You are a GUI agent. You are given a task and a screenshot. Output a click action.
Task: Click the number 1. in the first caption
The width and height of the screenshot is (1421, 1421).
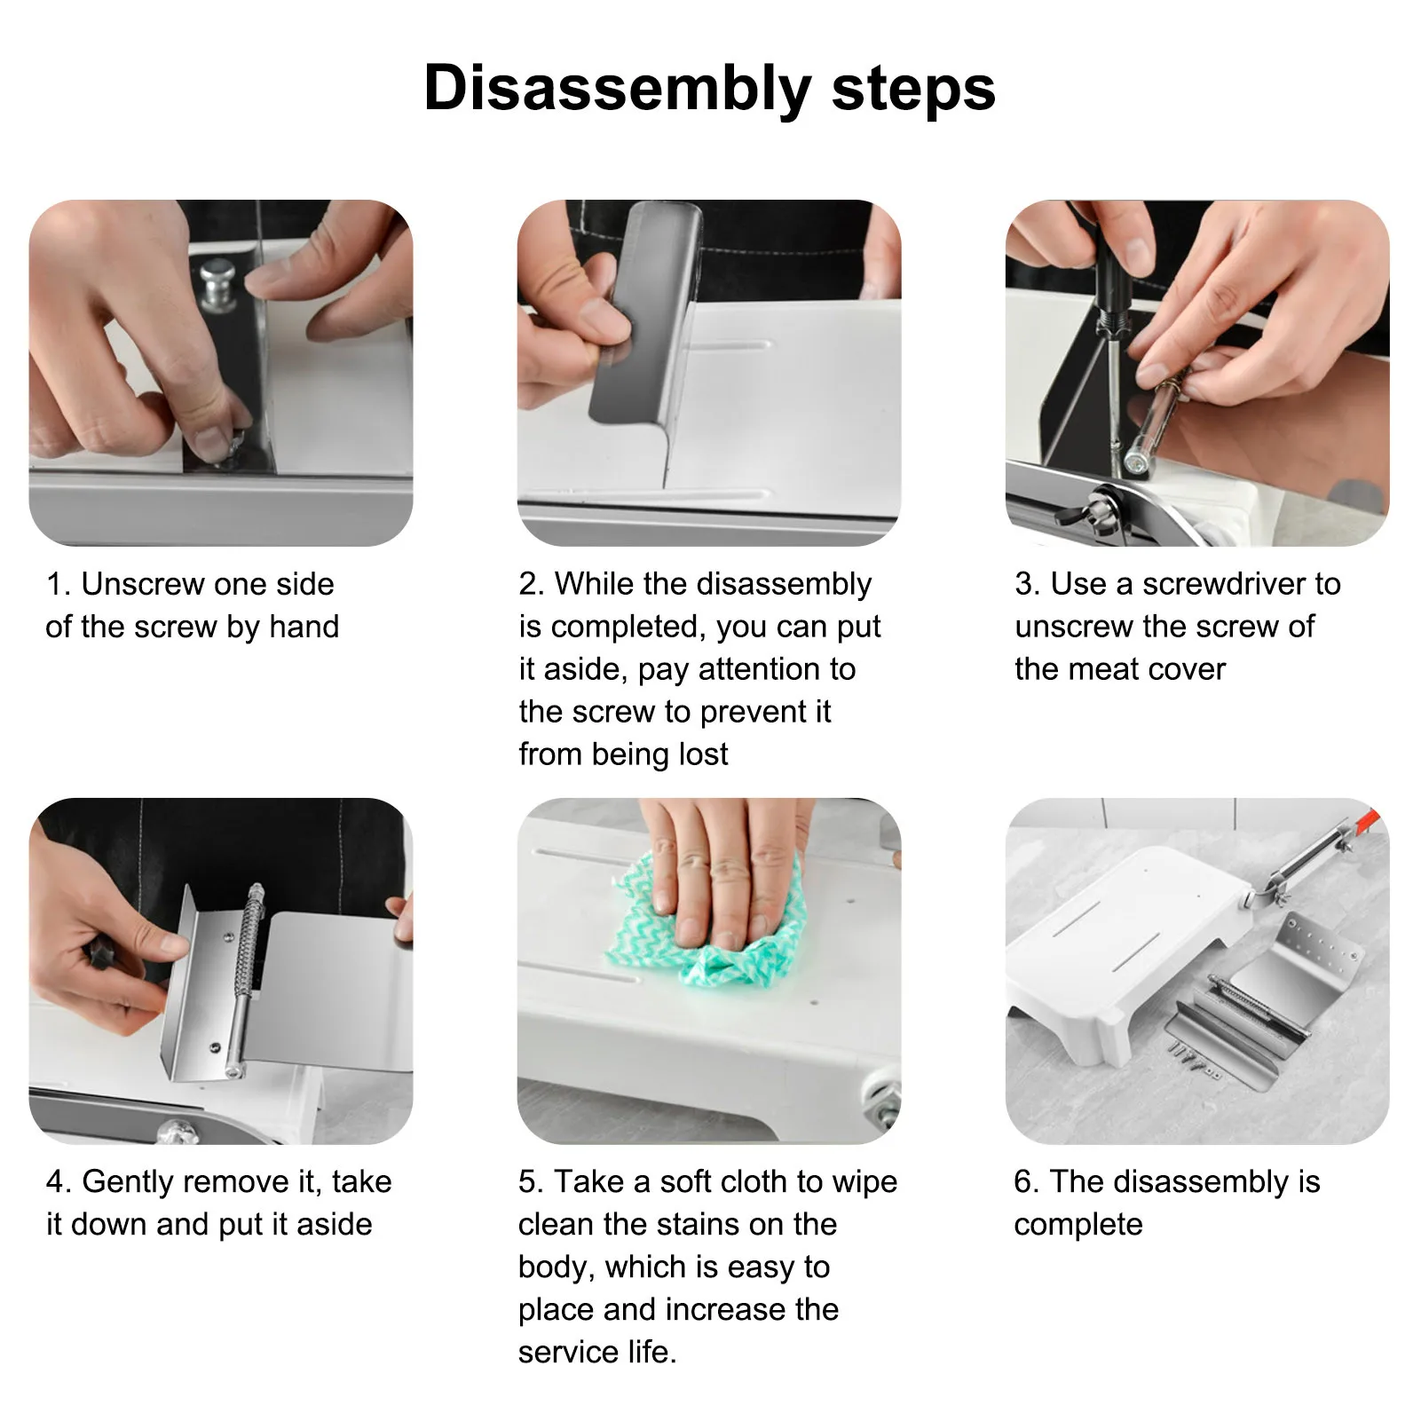58,584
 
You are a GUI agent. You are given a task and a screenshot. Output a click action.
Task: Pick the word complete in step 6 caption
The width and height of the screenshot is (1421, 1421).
1078,1226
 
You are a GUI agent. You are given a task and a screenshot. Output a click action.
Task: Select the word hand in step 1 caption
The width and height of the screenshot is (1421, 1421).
304,627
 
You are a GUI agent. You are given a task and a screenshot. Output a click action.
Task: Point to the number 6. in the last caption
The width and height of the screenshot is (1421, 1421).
1026,1182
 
